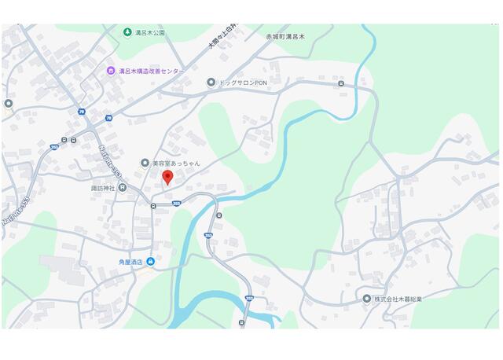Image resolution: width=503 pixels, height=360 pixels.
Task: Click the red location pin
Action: coord(167,177)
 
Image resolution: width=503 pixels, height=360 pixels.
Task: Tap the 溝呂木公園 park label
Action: coord(149,32)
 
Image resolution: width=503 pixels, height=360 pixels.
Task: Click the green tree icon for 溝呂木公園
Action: coord(127,32)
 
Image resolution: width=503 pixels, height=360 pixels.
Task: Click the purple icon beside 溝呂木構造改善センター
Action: coord(111,71)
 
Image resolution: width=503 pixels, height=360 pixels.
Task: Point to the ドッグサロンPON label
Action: coord(243,83)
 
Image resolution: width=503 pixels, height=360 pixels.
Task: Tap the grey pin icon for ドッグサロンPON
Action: coord(211,83)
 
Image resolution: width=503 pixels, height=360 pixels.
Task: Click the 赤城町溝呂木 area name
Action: coord(290,36)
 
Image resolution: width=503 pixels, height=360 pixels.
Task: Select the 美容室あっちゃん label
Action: coord(176,163)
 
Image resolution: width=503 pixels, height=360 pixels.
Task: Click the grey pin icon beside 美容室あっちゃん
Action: coord(145,163)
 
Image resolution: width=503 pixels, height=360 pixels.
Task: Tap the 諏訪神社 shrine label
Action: coord(103,188)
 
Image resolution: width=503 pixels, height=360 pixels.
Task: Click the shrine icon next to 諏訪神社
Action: coord(123,188)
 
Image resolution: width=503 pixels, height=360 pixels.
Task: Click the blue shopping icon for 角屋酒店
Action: coord(150,262)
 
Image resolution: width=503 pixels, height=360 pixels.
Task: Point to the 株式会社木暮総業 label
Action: coord(398,299)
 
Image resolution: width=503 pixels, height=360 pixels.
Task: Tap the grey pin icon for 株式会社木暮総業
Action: coord(366,299)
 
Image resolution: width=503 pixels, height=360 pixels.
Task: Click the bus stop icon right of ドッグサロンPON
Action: coord(340,83)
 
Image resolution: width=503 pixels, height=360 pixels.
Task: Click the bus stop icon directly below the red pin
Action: coord(153,206)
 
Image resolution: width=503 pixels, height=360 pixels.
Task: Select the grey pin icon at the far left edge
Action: coord(8,103)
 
